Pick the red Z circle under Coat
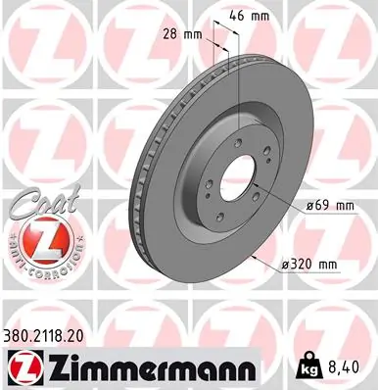click(34, 238)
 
